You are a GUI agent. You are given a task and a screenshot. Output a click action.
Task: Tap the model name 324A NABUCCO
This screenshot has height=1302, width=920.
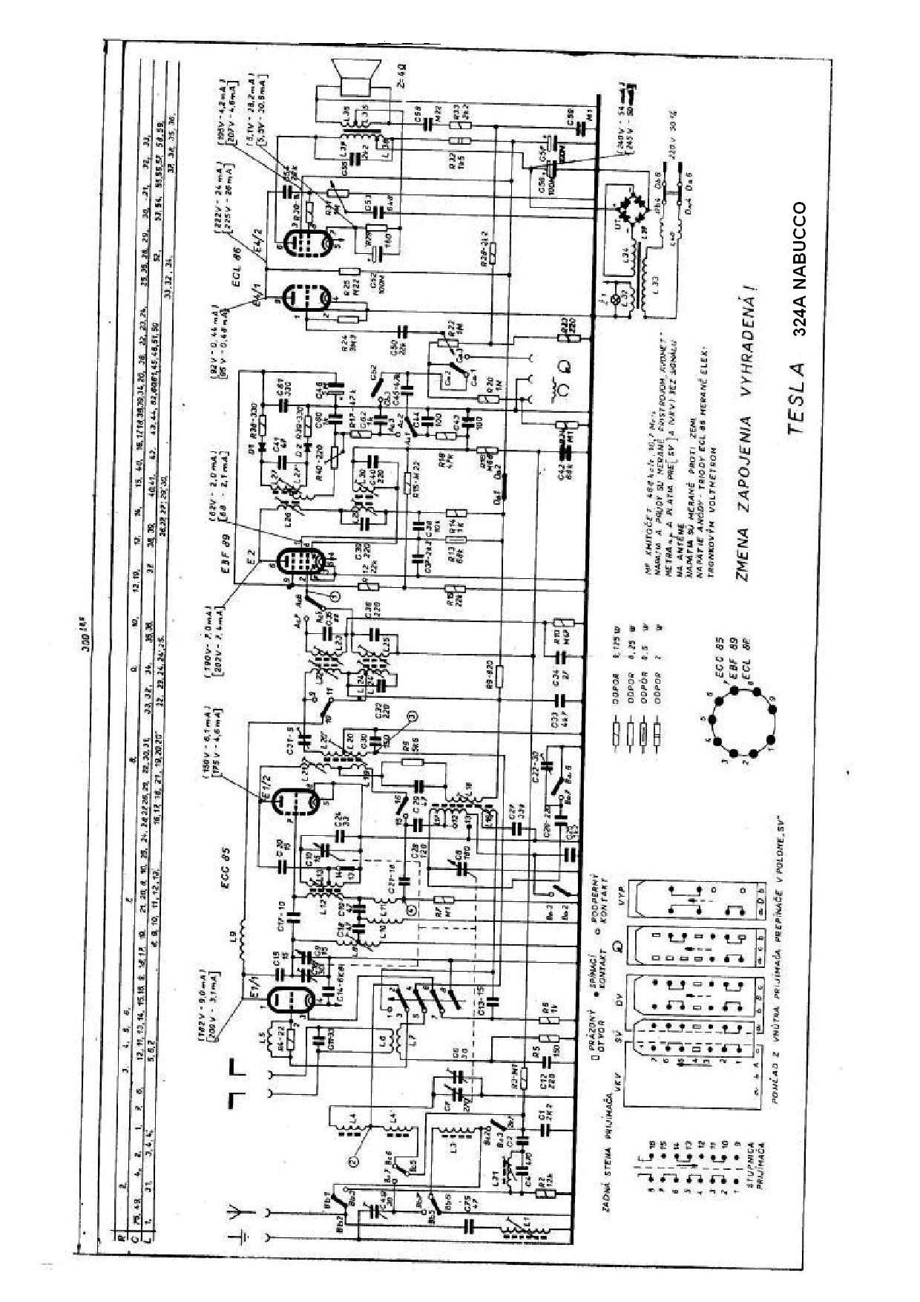click(801, 271)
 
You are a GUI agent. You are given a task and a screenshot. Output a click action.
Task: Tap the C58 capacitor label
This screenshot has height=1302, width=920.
click(418, 120)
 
